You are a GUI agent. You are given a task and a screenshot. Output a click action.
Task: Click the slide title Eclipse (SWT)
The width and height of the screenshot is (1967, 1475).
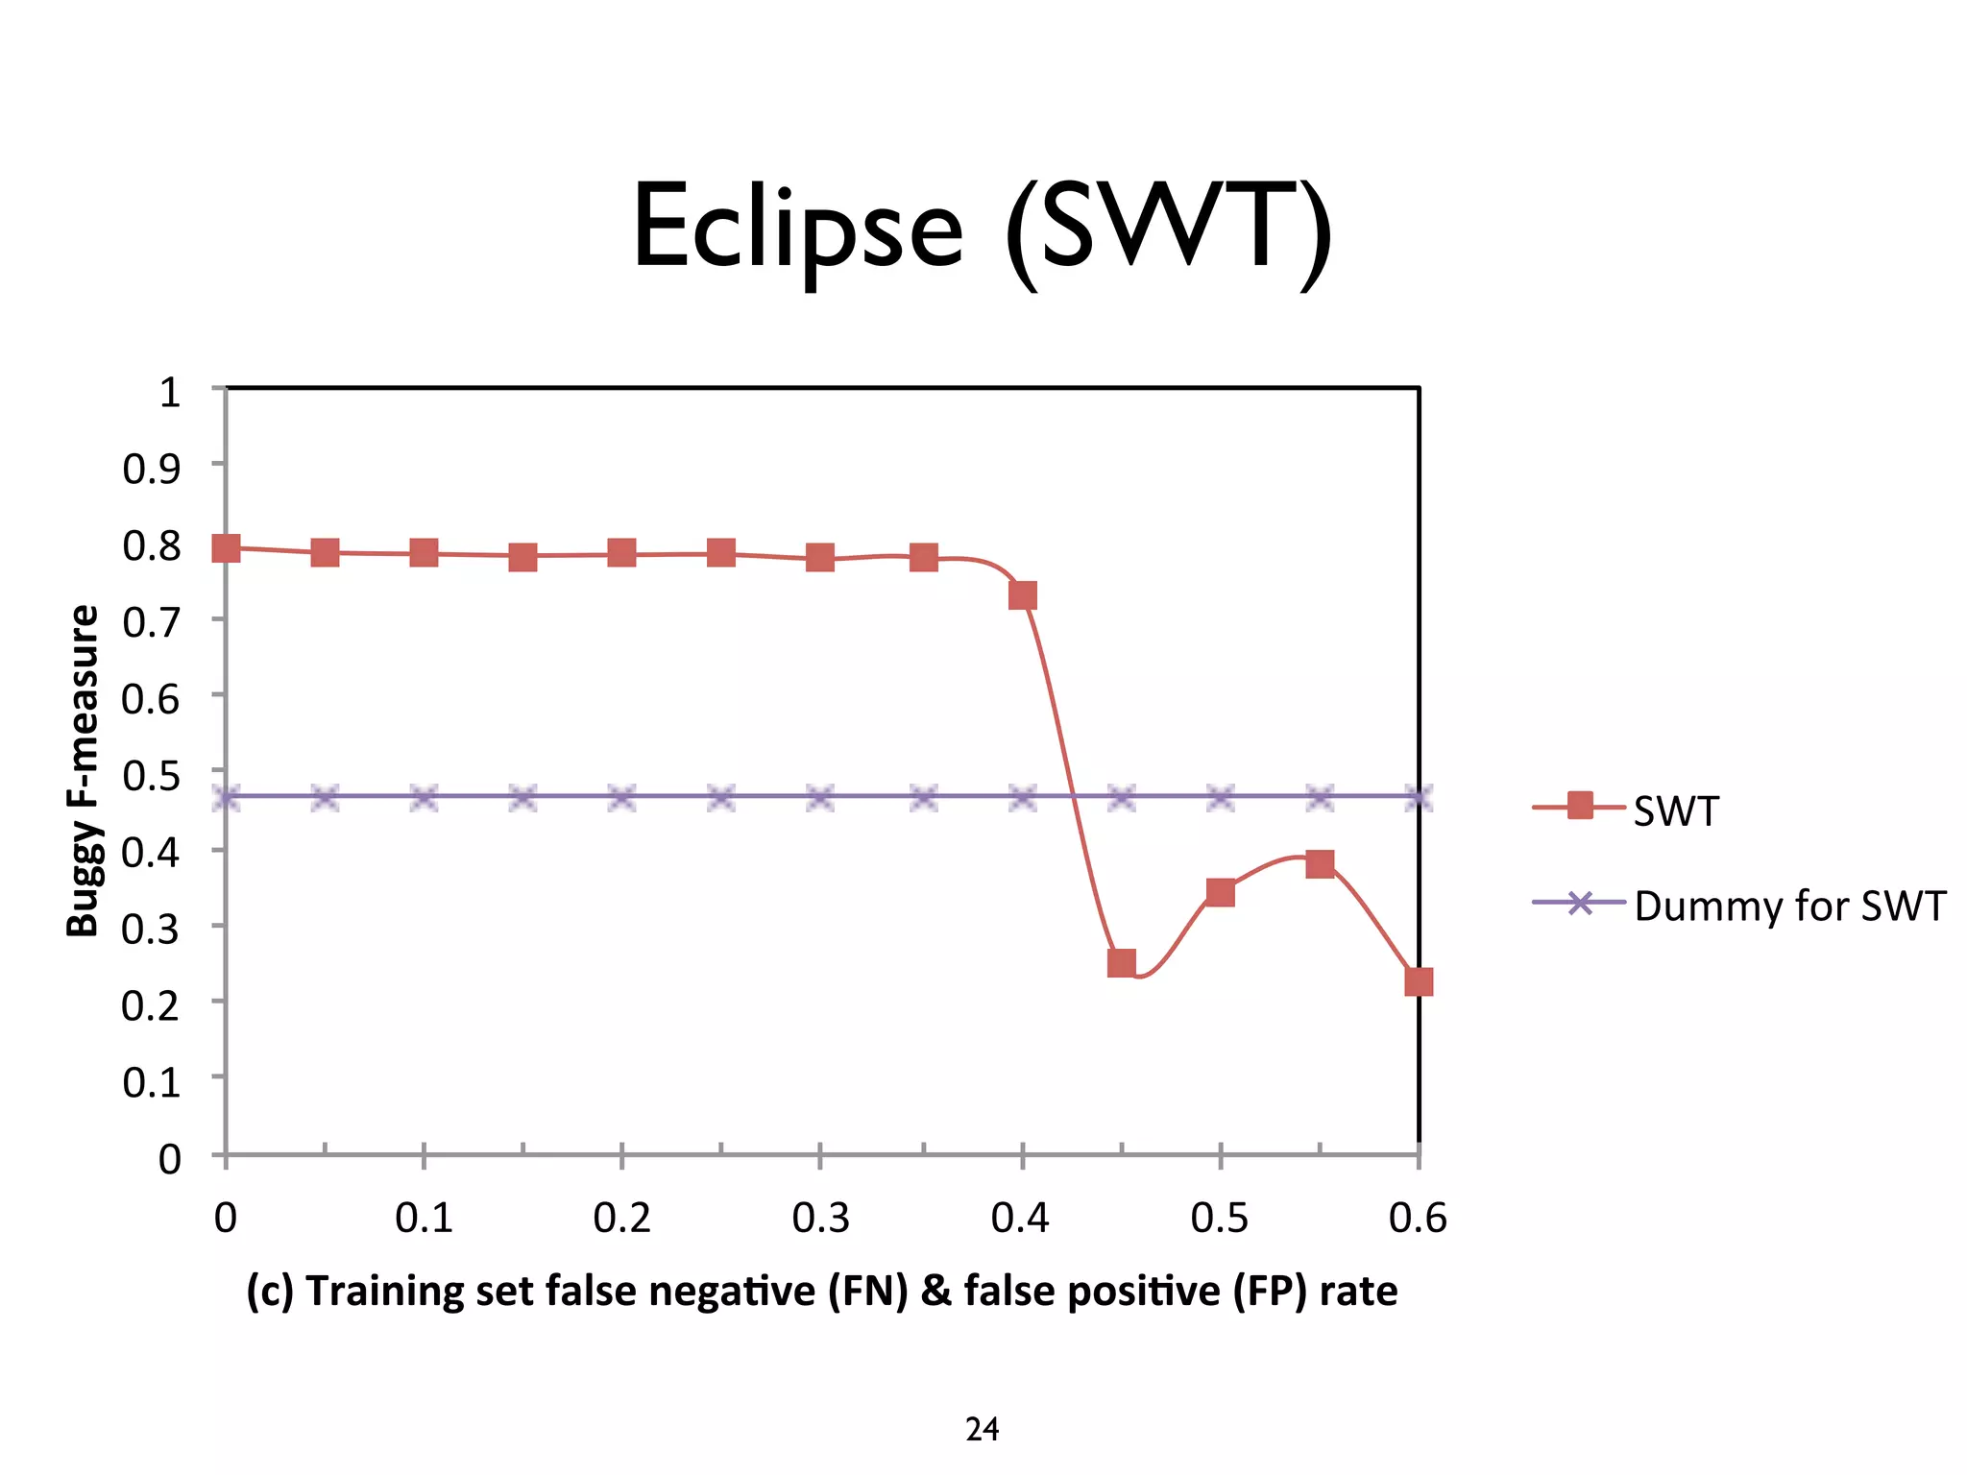[x=982, y=230]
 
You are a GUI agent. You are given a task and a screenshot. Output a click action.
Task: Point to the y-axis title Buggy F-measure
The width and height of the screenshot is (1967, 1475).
[x=83, y=770]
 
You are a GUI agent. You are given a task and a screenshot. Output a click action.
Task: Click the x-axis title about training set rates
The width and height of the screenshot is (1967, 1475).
[x=821, y=1291]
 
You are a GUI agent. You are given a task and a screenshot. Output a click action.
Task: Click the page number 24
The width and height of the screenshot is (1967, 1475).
[x=982, y=1430]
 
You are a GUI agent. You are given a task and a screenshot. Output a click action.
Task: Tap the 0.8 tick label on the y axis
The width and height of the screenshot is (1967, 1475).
[x=151, y=545]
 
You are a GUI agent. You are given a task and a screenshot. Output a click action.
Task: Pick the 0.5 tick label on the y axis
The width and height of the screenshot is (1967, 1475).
[x=151, y=775]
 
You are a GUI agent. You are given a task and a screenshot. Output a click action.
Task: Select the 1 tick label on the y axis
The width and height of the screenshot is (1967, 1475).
[x=169, y=392]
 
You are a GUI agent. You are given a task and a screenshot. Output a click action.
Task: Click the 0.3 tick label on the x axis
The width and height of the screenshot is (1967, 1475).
[x=820, y=1218]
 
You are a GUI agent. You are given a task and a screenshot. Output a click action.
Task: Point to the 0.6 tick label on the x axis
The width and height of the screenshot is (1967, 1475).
[x=1418, y=1218]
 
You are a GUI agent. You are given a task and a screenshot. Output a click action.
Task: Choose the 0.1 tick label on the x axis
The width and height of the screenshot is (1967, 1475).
[x=424, y=1218]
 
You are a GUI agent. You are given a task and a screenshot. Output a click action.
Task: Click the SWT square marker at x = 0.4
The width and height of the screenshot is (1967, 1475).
[x=1022, y=595]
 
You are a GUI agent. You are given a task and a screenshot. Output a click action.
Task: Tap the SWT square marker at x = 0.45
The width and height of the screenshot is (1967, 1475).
[x=1121, y=962]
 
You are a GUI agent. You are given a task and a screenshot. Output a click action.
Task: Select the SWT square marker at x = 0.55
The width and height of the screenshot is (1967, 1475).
[x=1320, y=863]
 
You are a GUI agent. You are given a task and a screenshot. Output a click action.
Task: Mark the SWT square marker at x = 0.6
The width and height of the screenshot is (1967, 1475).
[x=1418, y=981]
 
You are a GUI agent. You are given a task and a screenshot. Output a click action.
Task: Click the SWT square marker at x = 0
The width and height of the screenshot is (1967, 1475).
[x=226, y=548]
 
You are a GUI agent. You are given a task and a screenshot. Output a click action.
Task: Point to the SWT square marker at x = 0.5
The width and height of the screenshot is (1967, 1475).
[x=1220, y=892]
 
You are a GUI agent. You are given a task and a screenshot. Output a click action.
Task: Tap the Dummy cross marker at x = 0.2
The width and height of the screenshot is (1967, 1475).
[x=622, y=797]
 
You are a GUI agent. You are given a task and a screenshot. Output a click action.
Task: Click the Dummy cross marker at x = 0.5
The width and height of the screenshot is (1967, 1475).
[x=1220, y=797]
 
